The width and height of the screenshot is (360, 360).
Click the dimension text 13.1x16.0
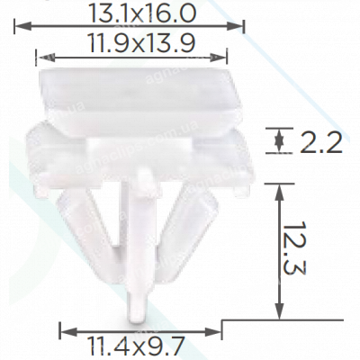click(x=130, y=12)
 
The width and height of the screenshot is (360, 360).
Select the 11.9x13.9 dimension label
click(x=130, y=41)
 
